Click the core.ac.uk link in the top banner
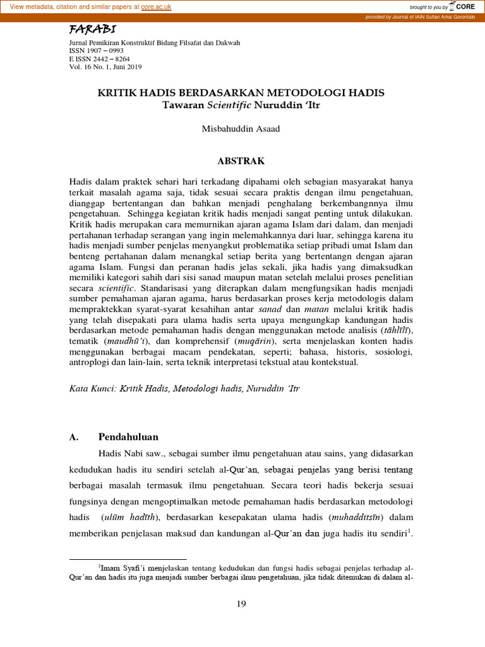pyautogui.click(x=157, y=6)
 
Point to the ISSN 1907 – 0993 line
pyautogui.click(x=96, y=51)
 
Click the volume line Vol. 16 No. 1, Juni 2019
pyautogui.click(x=105, y=66)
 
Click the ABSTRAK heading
pyautogui.click(x=242, y=161)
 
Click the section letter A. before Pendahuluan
pyautogui.click(x=73, y=437)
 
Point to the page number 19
pyautogui.click(x=242, y=604)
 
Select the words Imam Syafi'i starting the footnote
pyautogui.click(x=123, y=568)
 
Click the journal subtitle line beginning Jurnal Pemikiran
pyautogui.click(x=154, y=43)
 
